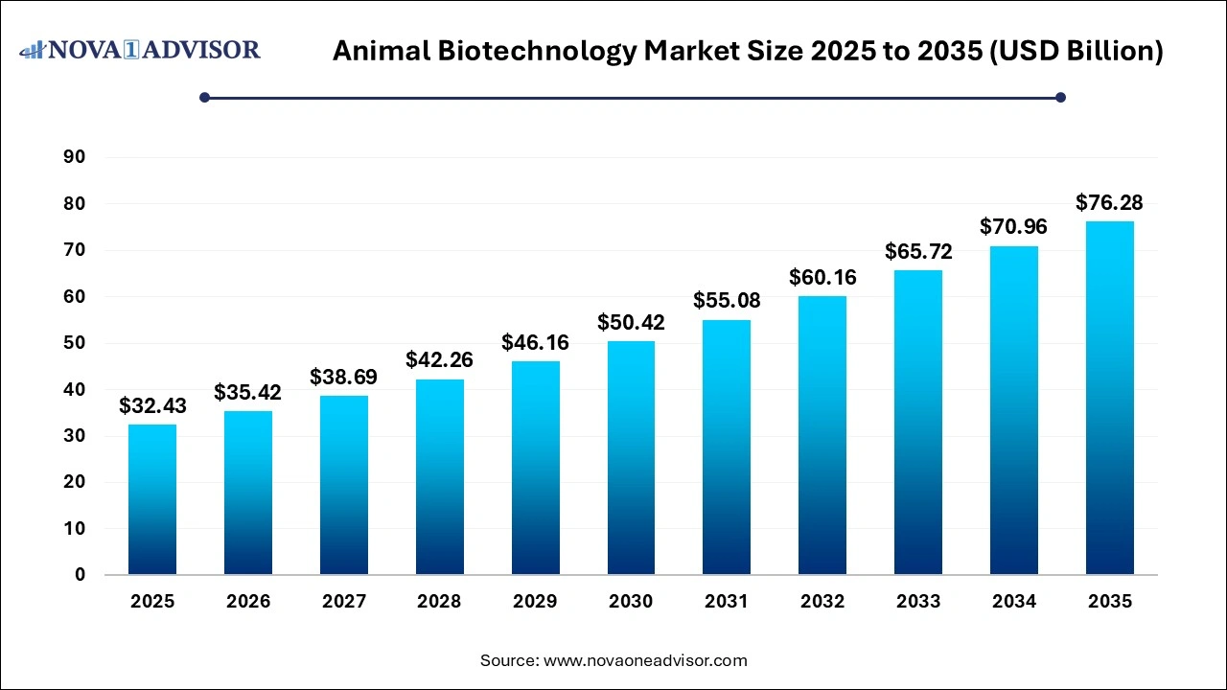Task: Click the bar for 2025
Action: tap(152, 499)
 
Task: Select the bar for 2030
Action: tap(631, 457)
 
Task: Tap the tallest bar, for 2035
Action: tap(1109, 398)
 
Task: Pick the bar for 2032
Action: tap(822, 435)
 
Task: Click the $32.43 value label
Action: tap(152, 406)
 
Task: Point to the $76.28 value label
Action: tap(1109, 203)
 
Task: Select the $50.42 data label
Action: tap(631, 323)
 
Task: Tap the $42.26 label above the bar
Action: tap(439, 360)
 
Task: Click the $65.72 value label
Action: tap(918, 252)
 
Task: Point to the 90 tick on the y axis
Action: tap(74, 157)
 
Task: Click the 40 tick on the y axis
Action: tap(74, 389)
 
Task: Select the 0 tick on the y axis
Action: tap(81, 575)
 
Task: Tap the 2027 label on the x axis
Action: tap(344, 602)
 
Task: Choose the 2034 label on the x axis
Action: tap(1014, 602)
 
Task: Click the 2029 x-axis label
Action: tap(535, 602)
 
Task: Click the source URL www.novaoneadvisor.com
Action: tap(645, 660)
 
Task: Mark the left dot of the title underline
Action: tap(204, 97)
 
